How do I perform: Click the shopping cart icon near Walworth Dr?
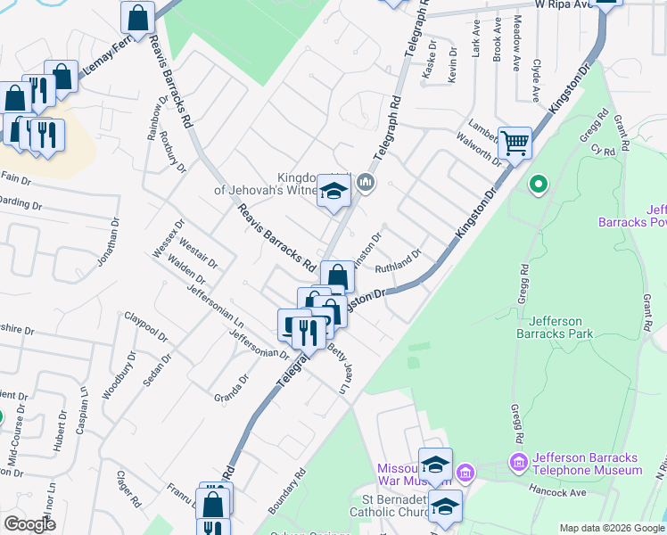click(x=515, y=143)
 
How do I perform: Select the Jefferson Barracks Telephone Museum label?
click(x=586, y=465)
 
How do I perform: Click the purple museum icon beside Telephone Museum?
click(x=517, y=462)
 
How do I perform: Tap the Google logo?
click(x=30, y=524)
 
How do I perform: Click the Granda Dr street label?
click(x=232, y=387)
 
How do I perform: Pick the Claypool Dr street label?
click(x=145, y=326)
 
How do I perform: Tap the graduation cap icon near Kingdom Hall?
click(x=333, y=193)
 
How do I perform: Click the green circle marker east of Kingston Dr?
click(x=538, y=185)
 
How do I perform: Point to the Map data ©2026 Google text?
click(x=610, y=528)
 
